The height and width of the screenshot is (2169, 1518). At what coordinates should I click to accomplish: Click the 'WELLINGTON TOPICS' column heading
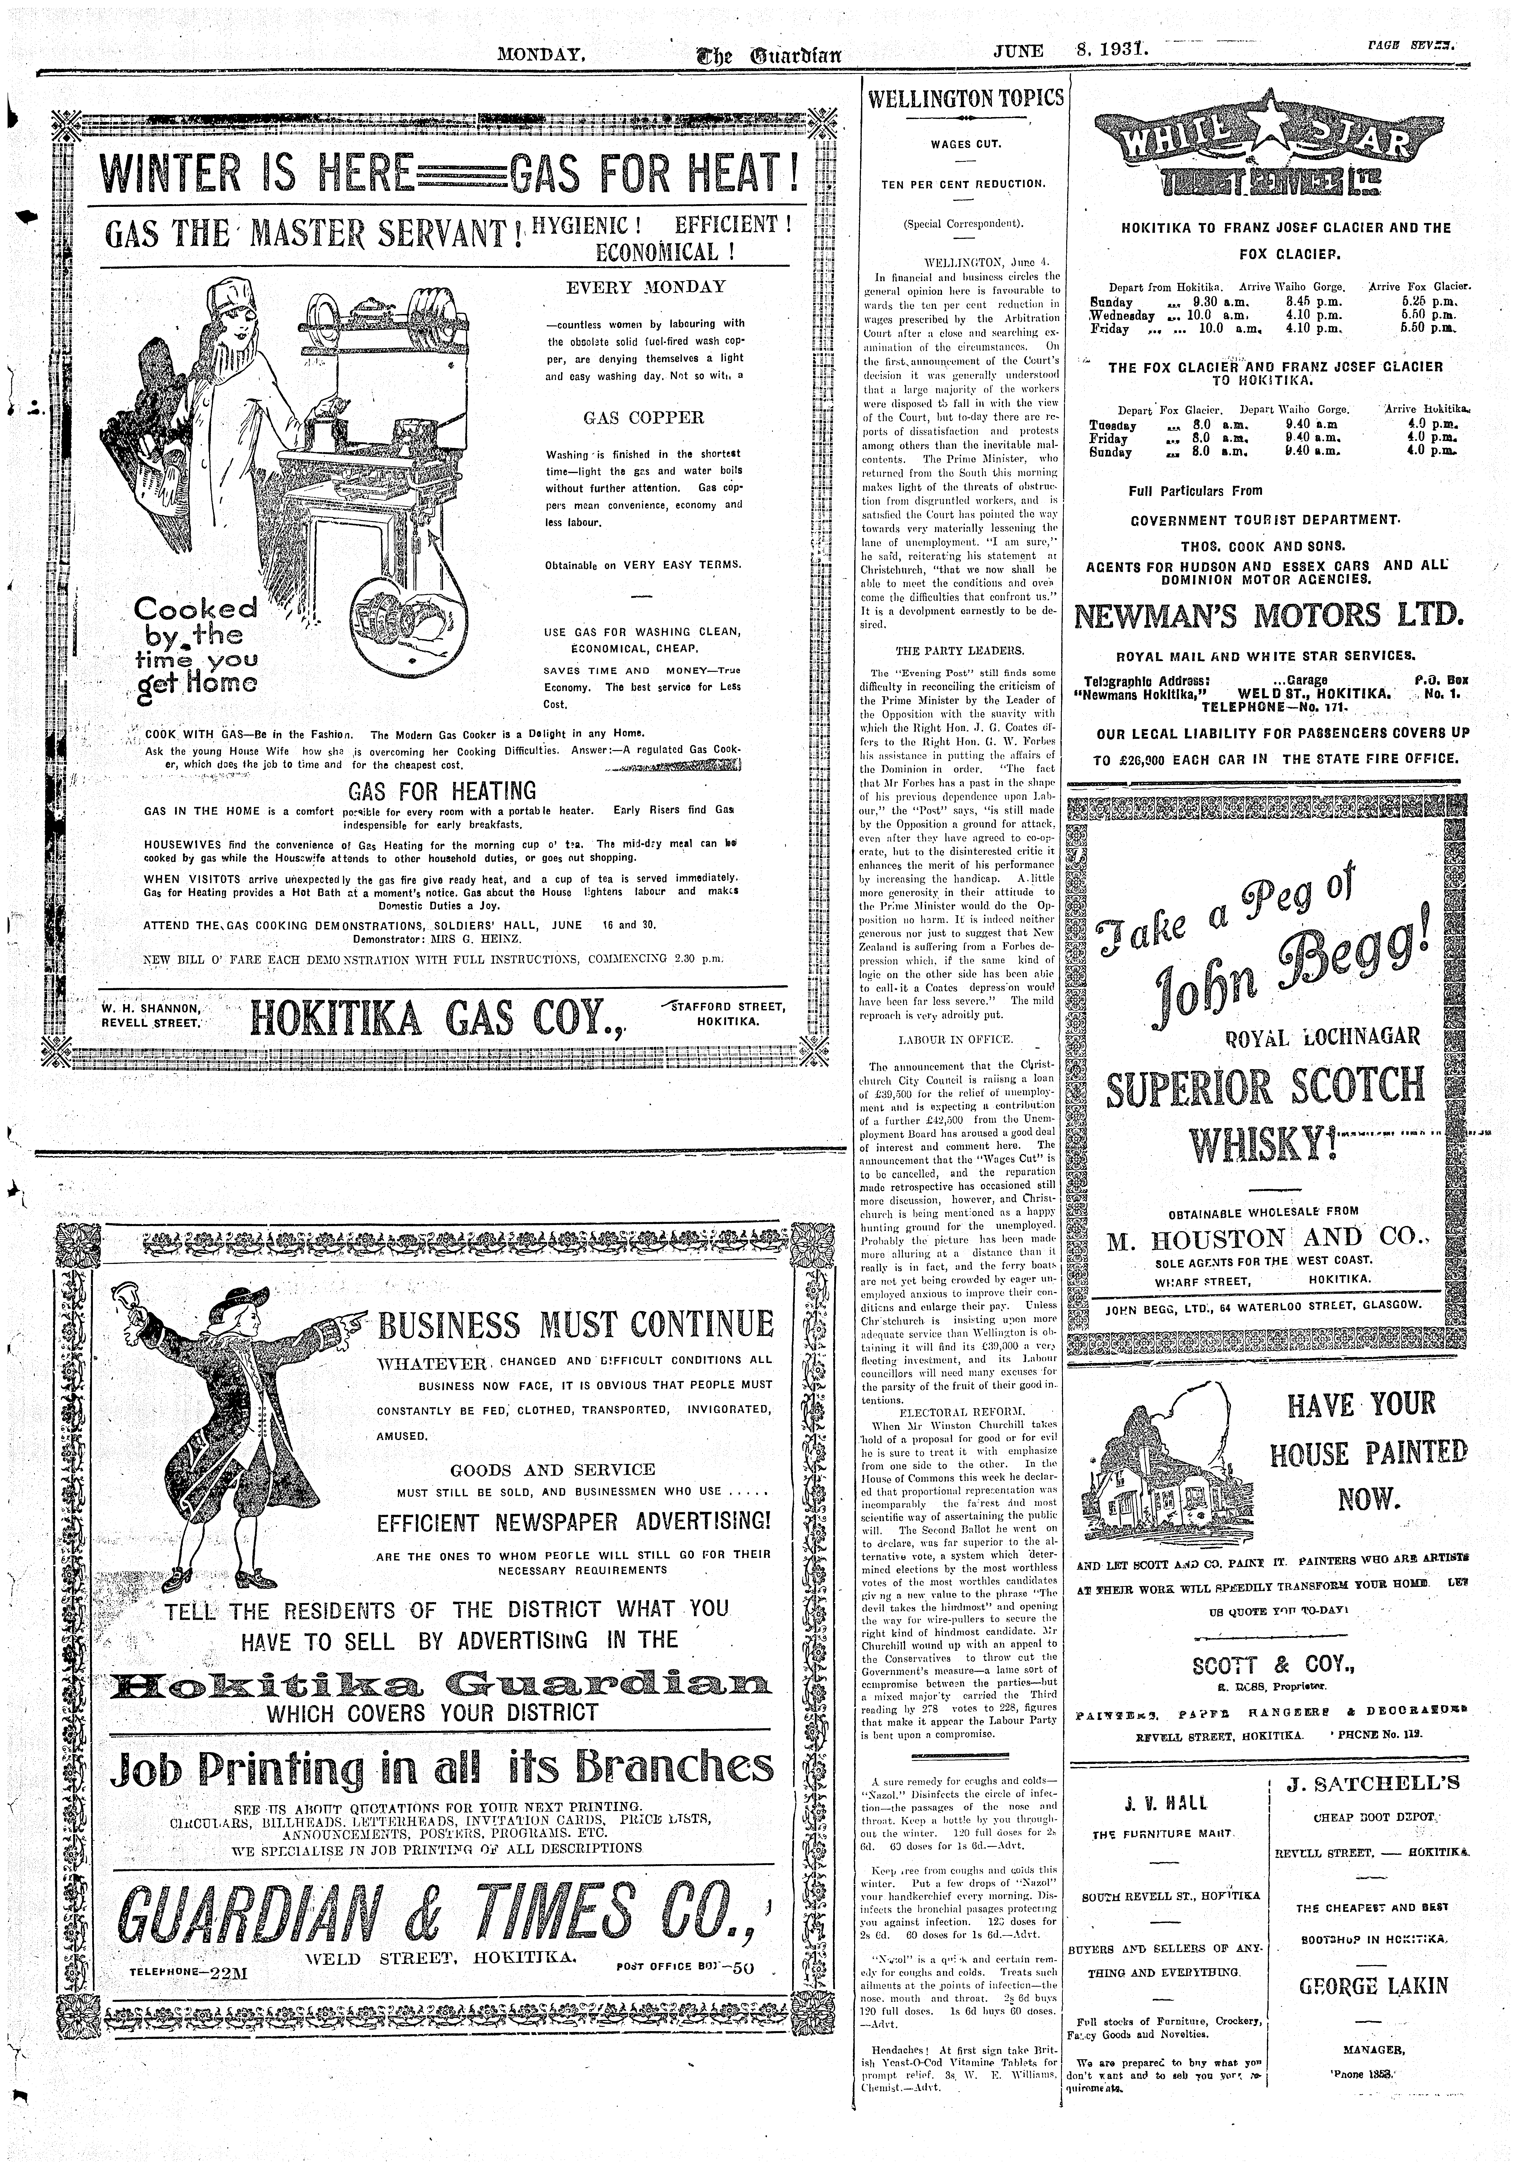point(964,97)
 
